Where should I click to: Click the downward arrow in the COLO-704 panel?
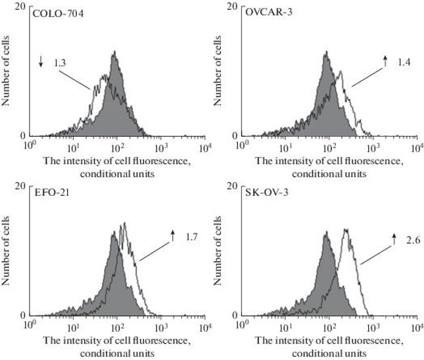41,62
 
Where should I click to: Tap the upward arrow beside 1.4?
386,62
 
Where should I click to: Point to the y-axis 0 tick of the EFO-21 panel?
23,314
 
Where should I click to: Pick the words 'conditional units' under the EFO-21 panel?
116,353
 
